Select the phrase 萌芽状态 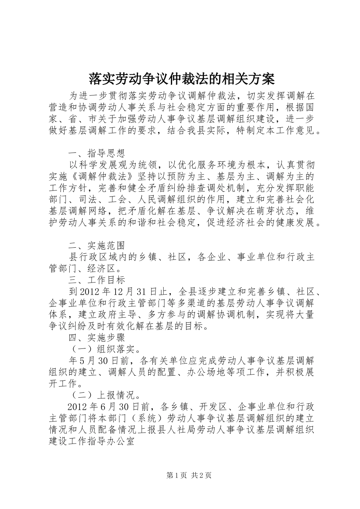point(270,211)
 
